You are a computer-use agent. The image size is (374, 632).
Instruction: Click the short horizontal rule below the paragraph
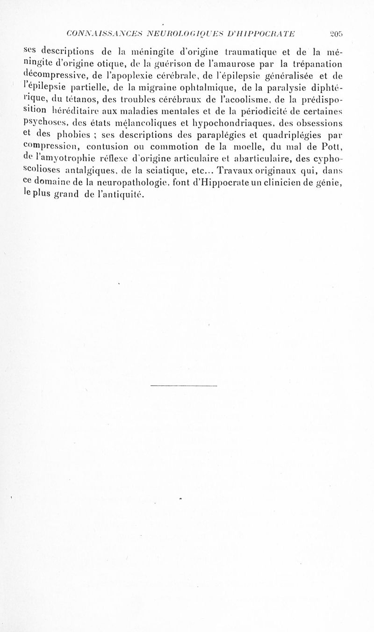click(x=185, y=386)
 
